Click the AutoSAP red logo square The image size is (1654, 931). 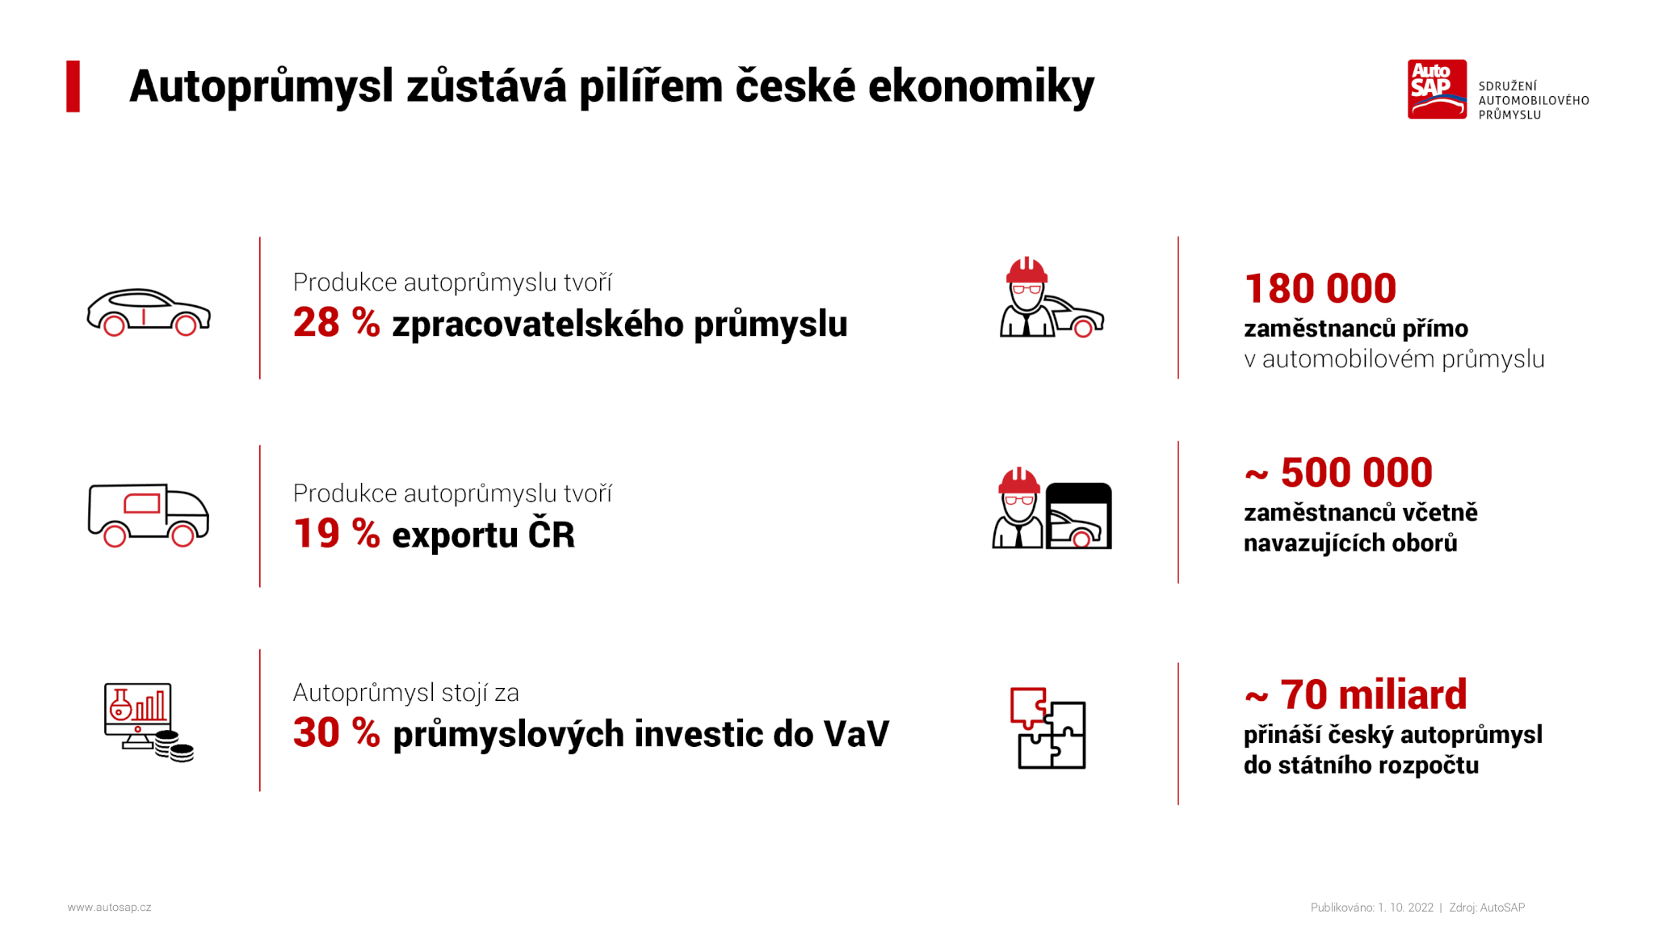click(x=1437, y=89)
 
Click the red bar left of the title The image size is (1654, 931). click(x=73, y=86)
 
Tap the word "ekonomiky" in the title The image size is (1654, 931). click(x=981, y=86)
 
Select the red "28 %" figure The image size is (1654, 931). click(x=336, y=322)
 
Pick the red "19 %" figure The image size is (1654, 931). click(x=336, y=534)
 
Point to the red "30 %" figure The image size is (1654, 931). click(x=336, y=733)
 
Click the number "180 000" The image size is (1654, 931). click(x=1320, y=288)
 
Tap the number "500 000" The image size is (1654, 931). click(x=1357, y=472)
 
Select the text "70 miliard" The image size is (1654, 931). click(x=1373, y=694)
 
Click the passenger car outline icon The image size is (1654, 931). click(x=149, y=312)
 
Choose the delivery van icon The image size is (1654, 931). click(x=149, y=515)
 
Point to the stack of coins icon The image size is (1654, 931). click(x=174, y=746)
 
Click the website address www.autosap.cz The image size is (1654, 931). click(x=109, y=908)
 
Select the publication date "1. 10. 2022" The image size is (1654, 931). click(x=1405, y=908)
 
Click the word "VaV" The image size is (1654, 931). click(x=856, y=734)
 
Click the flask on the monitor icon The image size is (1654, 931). click(x=121, y=704)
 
